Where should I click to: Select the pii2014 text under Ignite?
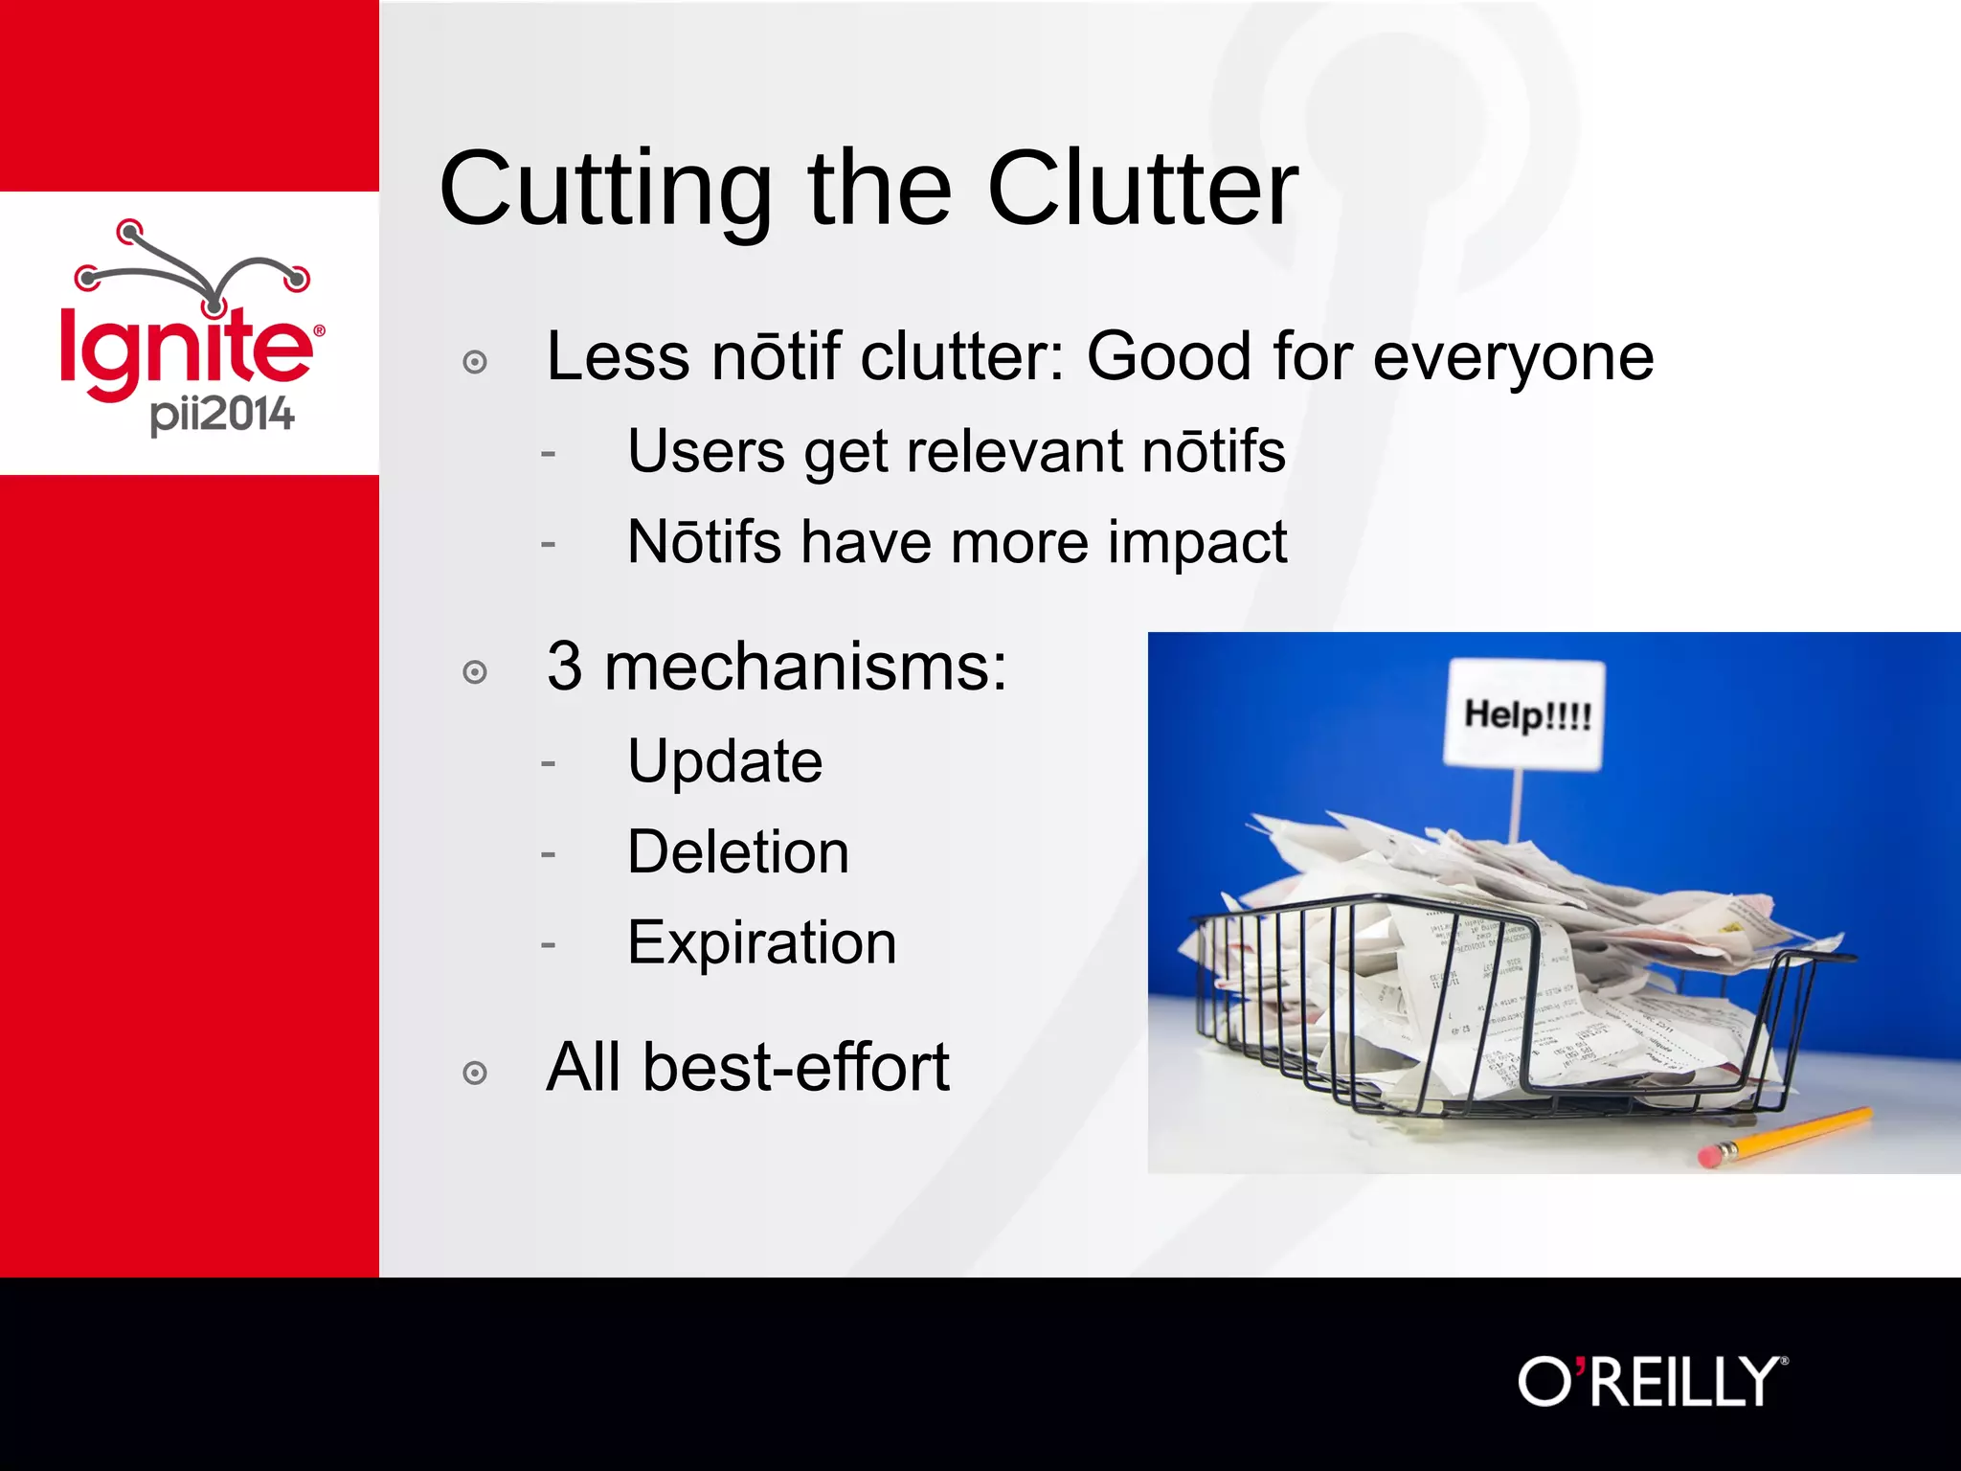click(x=221, y=416)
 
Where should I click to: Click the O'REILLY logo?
click(x=1652, y=1382)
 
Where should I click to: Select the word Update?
click(x=725, y=762)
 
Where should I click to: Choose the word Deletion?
click(x=738, y=852)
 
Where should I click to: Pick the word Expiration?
click(x=762, y=943)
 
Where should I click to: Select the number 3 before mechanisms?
click(x=564, y=667)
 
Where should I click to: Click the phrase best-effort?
click(x=796, y=1068)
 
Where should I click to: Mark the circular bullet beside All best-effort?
click(x=475, y=1074)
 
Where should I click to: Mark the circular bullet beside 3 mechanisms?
click(x=475, y=672)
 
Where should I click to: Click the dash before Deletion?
click(x=548, y=852)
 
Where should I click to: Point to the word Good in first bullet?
click(x=1169, y=357)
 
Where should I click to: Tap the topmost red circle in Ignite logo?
click(x=129, y=230)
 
